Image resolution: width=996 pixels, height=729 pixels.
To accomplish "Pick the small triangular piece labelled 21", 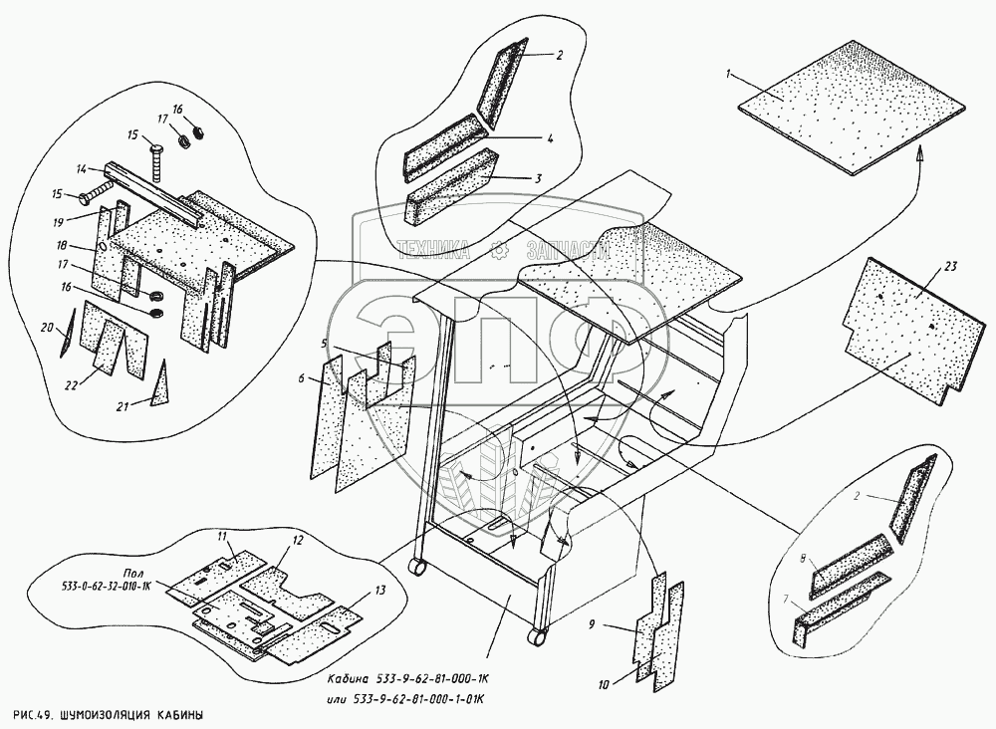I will [x=162, y=384].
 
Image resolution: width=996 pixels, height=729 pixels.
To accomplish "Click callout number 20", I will [x=45, y=328].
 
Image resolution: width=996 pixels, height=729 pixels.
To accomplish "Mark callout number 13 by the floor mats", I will [x=378, y=591].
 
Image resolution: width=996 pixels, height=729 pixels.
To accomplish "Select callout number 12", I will [x=297, y=540].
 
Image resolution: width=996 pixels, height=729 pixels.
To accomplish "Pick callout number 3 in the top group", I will [x=538, y=179].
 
